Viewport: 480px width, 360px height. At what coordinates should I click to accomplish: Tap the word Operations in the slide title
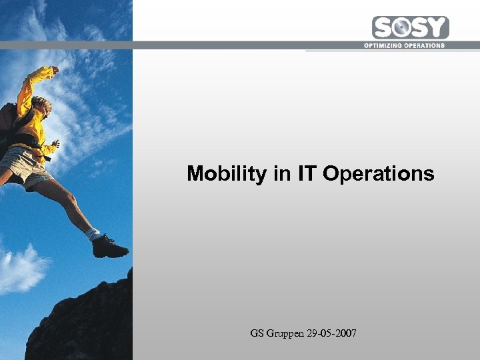378,175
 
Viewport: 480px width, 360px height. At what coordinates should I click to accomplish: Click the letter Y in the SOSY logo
437,28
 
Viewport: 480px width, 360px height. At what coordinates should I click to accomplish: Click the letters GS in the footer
257,333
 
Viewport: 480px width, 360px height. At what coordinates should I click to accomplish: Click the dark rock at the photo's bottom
80,327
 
